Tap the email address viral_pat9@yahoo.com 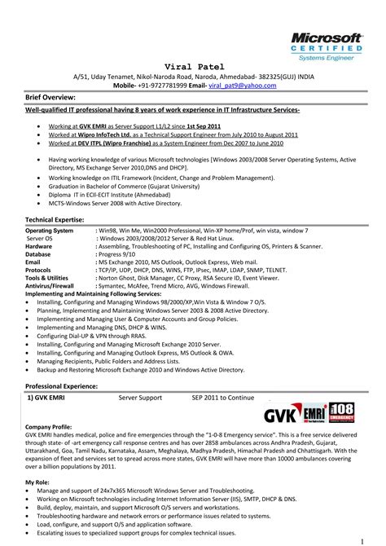(x=237, y=84)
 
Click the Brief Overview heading (x=54, y=95)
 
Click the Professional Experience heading (x=67, y=385)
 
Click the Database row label (x=40, y=253)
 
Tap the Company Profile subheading (x=49, y=427)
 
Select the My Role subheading (x=37, y=483)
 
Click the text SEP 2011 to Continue (x=223, y=398)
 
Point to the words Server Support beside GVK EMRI (x=140, y=398)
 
